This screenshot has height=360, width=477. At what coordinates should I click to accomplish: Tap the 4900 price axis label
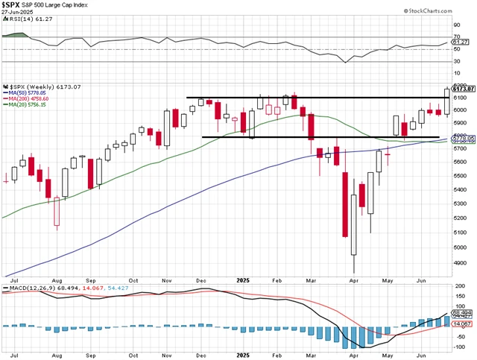pos(459,262)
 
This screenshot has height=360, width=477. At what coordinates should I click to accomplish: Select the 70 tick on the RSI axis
pos(455,35)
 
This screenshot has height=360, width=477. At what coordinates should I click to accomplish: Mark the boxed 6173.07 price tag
pos(464,89)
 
